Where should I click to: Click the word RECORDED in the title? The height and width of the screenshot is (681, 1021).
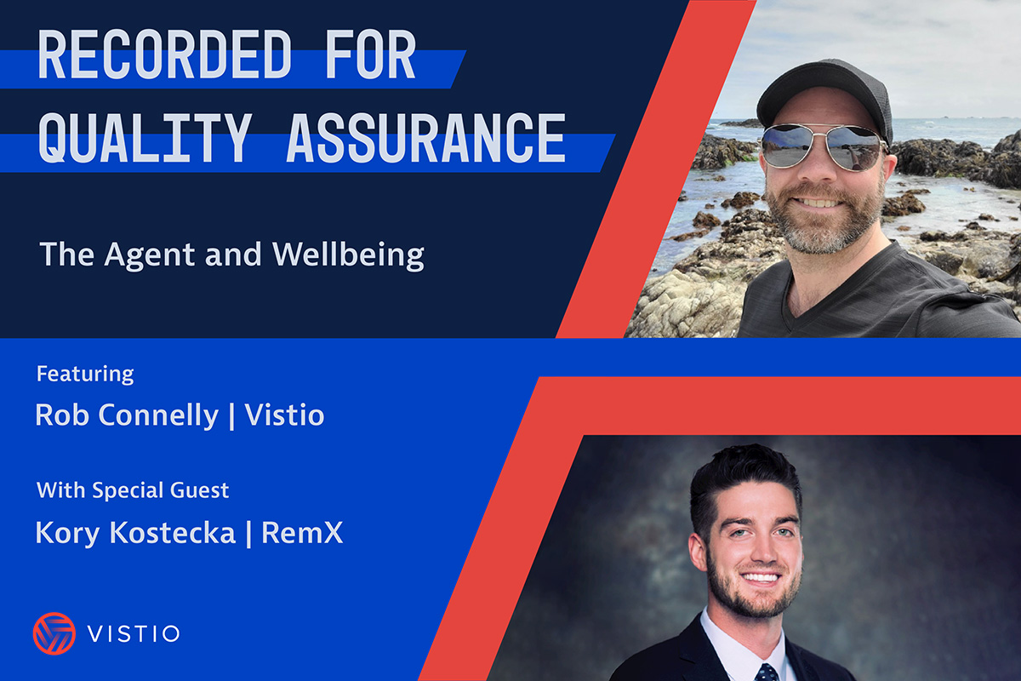tap(164, 54)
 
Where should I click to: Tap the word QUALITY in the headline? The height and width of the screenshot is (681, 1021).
tap(145, 138)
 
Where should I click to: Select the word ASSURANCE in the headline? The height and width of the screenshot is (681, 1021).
tap(426, 138)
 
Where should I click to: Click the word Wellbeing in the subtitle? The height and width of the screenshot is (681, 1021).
tap(348, 255)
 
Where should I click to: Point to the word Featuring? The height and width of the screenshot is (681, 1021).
tap(85, 375)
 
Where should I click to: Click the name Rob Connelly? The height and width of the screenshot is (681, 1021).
tap(127, 415)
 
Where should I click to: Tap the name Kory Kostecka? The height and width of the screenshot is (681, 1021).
tap(136, 533)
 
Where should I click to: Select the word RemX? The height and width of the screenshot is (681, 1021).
tap(302, 532)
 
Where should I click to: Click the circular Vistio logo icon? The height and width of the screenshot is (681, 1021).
tap(54, 633)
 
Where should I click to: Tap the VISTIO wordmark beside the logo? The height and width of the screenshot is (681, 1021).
tap(134, 634)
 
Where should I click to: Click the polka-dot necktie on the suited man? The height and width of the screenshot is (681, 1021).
tap(767, 672)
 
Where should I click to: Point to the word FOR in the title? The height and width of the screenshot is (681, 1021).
tap(371, 54)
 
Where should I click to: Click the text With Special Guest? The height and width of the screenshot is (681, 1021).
tap(133, 491)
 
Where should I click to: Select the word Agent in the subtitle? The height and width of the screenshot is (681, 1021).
tap(150, 255)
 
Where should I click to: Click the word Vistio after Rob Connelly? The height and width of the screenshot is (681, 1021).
tap(284, 415)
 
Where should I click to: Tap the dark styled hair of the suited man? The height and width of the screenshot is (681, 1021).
tap(744, 484)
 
